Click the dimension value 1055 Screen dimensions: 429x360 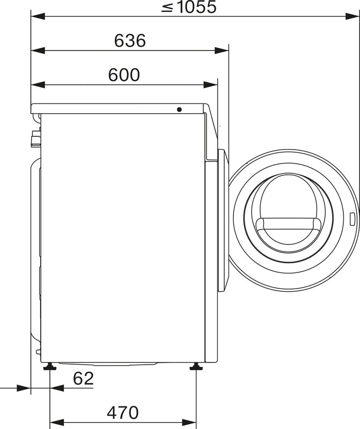coord(191,7)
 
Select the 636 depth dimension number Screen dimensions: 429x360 coord(130,41)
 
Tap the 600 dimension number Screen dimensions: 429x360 coord(123,75)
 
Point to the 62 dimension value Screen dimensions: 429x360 coord(83,379)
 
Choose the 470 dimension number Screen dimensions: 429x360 coord(122,412)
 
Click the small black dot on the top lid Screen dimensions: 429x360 coord(179,109)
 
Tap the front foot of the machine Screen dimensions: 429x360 coord(195,367)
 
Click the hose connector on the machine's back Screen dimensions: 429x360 coord(35,138)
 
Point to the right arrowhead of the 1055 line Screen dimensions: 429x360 coord(354,17)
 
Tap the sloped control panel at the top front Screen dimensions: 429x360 coord(211,129)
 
